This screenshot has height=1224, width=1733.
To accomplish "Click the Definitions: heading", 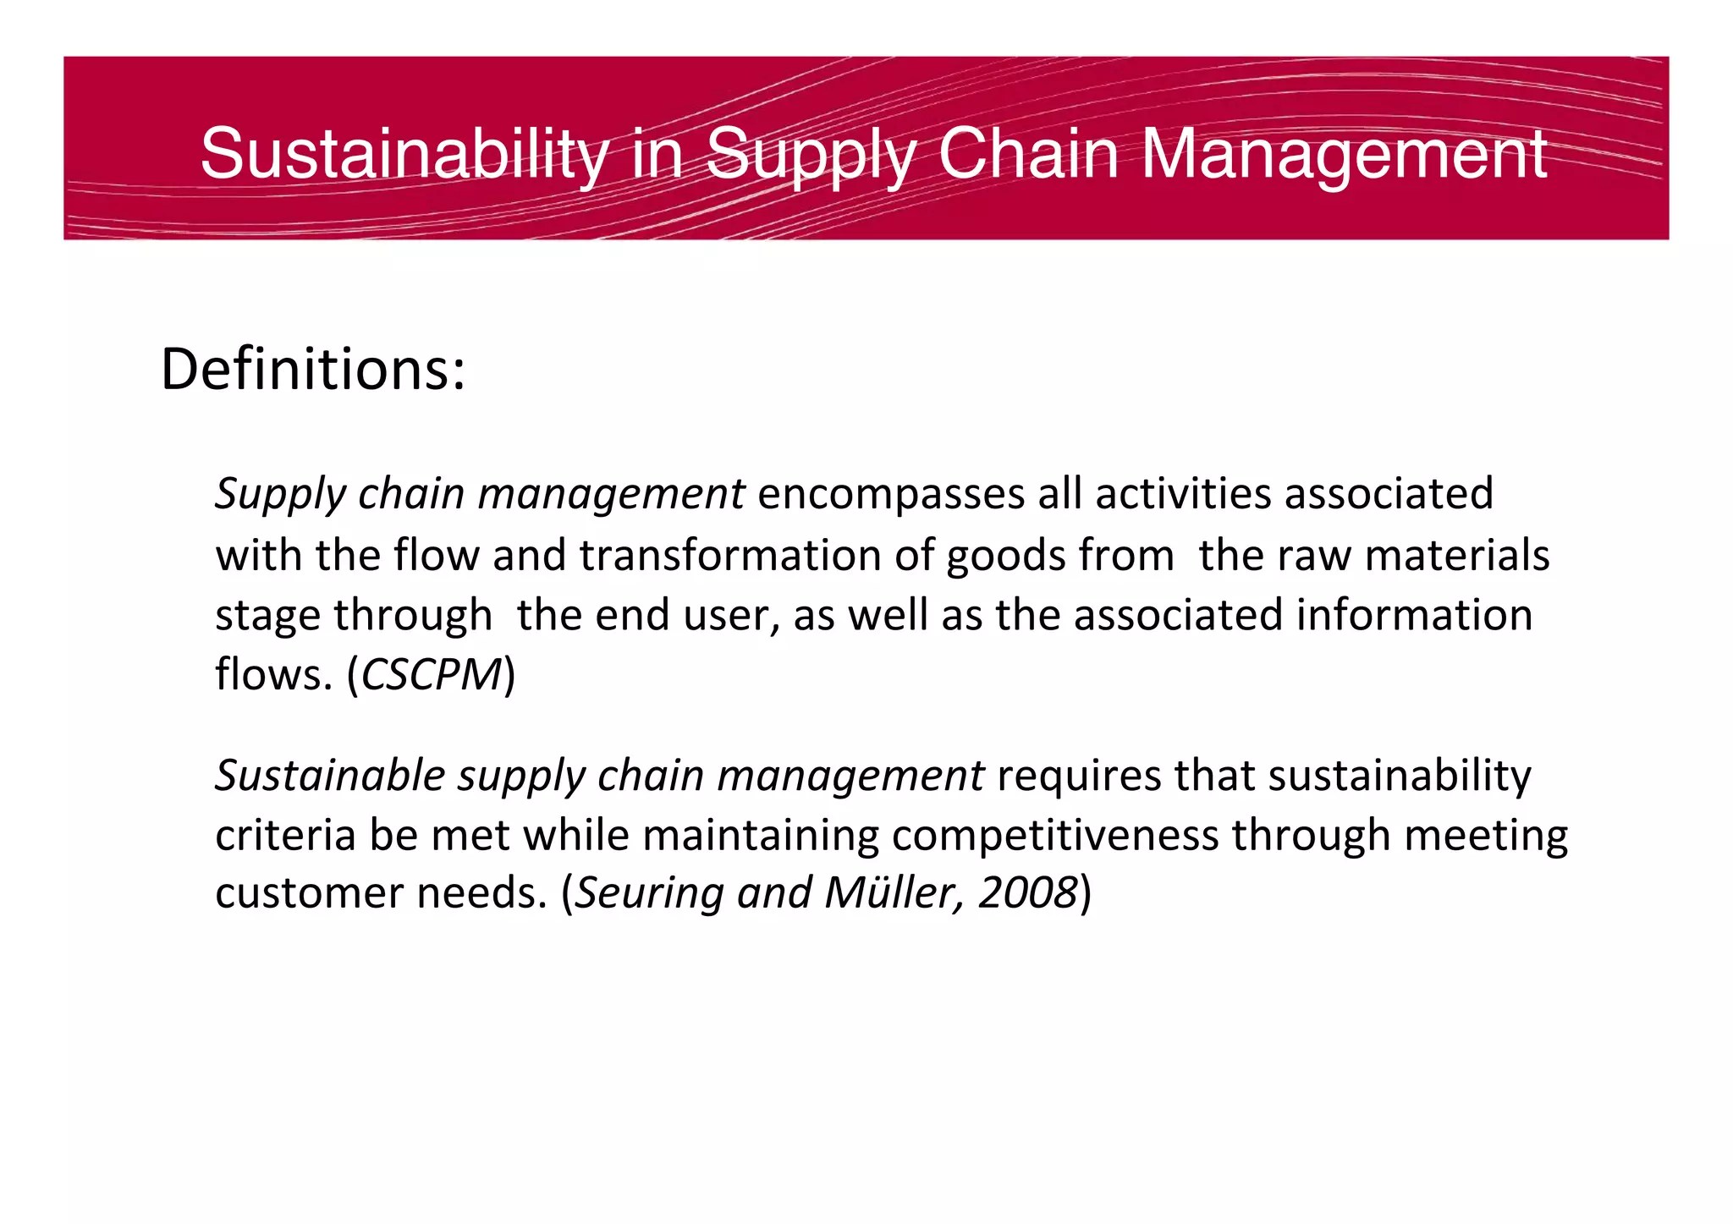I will (x=313, y=370).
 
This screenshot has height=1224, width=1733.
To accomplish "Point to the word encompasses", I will (x=890, y=494).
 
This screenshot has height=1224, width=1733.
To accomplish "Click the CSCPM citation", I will (x=432, y=675).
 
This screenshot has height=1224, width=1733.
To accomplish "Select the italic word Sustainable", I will (x=330, y=776).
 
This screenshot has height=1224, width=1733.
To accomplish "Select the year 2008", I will (x=1027, y=893).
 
